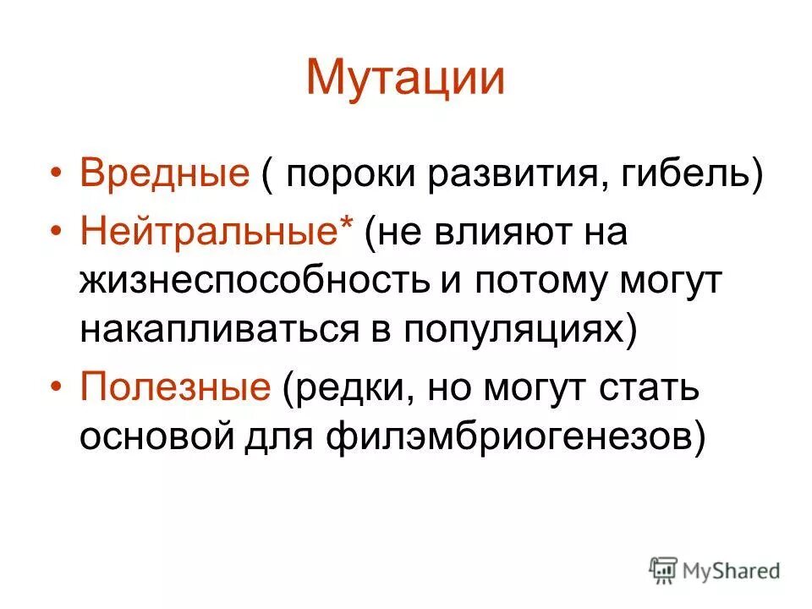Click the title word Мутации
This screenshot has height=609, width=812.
(405, 78)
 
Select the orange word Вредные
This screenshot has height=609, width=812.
(164, 175)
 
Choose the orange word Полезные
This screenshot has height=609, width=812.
(175, 388)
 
